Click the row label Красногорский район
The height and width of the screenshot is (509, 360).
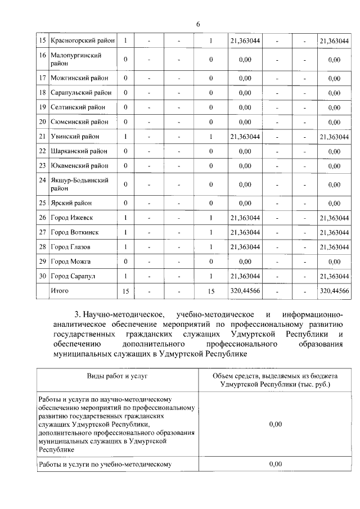(x=83, y=40)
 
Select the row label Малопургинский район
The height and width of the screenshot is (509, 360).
(x=76, y=59)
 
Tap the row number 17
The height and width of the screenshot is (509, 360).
(x=42, y=78)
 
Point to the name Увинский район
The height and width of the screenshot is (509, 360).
(x=75, y=137)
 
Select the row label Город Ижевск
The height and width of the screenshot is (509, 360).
(x=72, y=218)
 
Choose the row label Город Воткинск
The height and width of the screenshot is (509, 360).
(x=75, y=232)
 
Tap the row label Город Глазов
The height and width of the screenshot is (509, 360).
(x=70, y=247)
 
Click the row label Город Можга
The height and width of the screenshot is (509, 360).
(x=70, y=262)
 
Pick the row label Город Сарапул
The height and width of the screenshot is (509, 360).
(x=74, y=276)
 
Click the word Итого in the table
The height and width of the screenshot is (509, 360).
(x=60, y=291)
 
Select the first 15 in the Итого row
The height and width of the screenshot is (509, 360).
(x=125, y=291)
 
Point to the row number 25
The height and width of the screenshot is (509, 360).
(x=42, y=203)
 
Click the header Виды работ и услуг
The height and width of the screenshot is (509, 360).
(x=117, y=375)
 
